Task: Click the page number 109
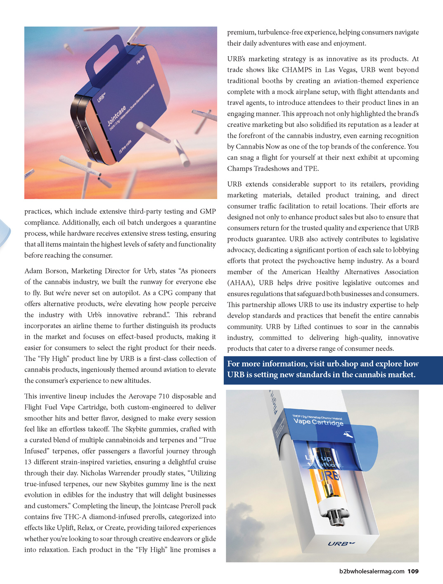click(413, 571)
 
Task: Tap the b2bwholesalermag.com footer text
click(372, 571)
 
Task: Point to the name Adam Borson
click(45, 271)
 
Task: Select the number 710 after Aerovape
click(164, 396)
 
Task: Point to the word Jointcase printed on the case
click(116, 116)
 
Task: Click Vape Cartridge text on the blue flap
click(318, 422)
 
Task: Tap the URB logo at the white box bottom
click(341, 544)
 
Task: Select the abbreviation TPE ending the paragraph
click(311, 169)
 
